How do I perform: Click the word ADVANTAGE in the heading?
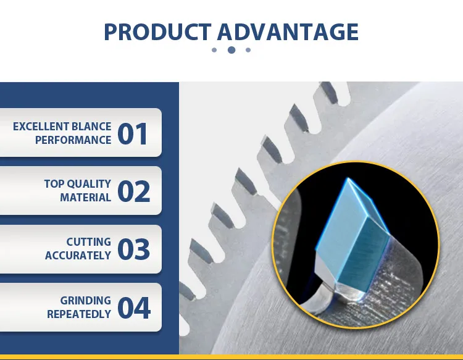[x=288, y=31]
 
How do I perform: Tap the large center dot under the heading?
[x=231, y=50]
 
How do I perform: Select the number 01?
[x=133, y=133]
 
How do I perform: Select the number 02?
[x=133, y=191]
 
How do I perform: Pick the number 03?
[x=133, y=249]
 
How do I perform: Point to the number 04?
[x=133, y=308]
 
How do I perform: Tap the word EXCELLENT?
[x=41, y=127]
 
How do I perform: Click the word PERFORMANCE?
[x=73, y=140]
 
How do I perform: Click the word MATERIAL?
[x=85, y=198]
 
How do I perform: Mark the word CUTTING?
[x=89, y=242]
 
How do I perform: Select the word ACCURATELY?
[x=78, y=256]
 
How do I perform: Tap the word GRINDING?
[x=85, y=301]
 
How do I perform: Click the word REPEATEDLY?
[x=79, y=314]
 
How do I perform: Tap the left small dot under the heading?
[x=214, y=50]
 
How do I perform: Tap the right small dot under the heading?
[x=248, y=50]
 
